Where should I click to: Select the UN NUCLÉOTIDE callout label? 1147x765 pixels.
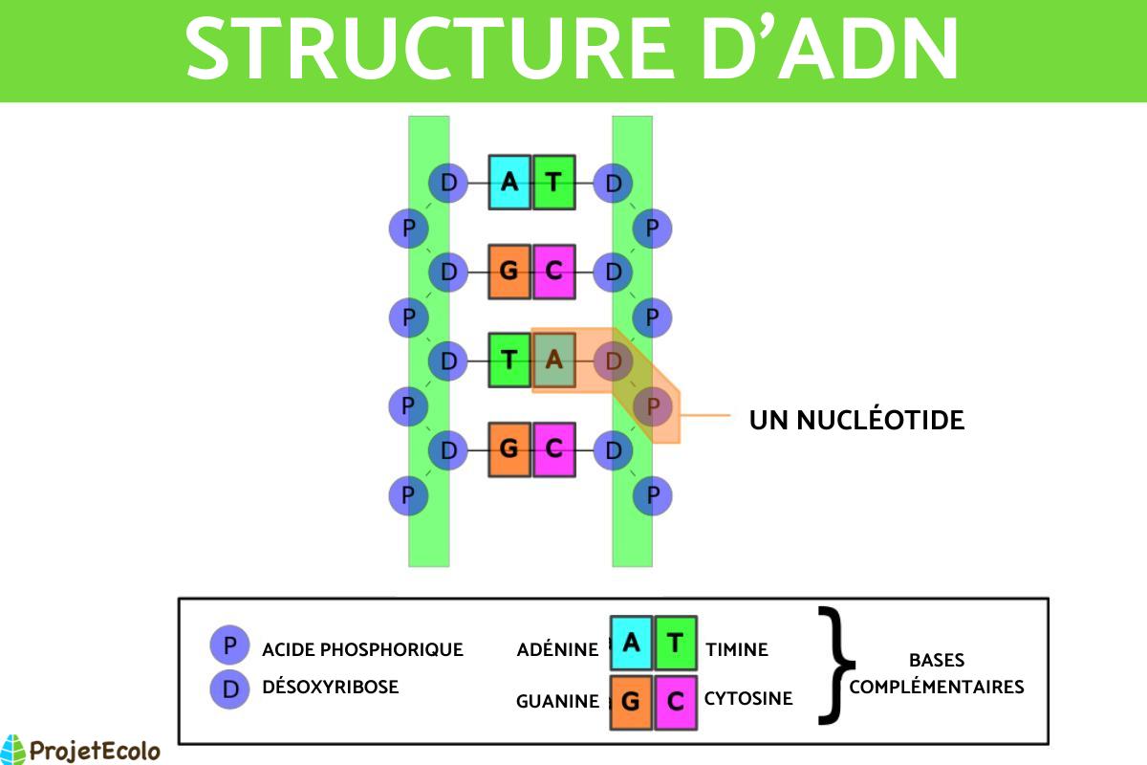tap(856, 420)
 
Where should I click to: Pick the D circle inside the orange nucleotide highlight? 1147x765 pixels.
tap(613, 361)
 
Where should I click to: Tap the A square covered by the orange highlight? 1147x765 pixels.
tap(553, 361)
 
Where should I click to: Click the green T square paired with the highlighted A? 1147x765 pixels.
tap(509, 361)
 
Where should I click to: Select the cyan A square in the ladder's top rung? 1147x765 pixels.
tap(509, 182)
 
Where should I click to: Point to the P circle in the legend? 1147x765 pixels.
tap(229, 645)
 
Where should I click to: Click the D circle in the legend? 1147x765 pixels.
tap(229, 688)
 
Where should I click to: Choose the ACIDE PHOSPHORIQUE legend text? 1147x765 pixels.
tap(362, 650)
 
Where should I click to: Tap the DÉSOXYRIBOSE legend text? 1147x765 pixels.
tap(330, 687)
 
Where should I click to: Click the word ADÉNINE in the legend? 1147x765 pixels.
tap(557, 650)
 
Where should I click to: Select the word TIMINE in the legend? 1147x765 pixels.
tap(737, 650)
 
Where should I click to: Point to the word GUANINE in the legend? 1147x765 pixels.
tap(557, 701)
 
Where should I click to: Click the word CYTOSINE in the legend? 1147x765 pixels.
tap(748, 699)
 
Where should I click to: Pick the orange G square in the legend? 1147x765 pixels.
tap(631, 701)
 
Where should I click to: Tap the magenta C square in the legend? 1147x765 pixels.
tap(676, 701)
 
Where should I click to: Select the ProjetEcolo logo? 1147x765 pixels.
tap(80, 749)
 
